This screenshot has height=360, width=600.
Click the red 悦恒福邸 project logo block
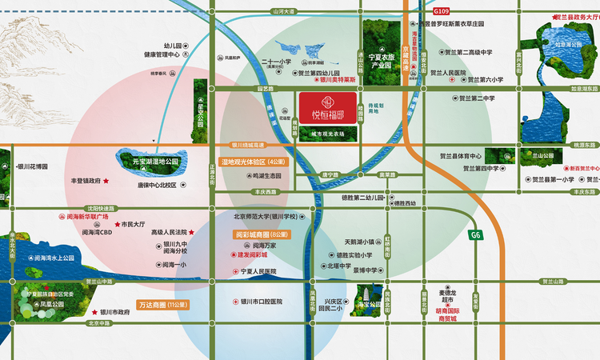(x=326, y=106)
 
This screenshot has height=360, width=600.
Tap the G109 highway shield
(x=442, y=14)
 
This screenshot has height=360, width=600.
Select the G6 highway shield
(x=476, y=235)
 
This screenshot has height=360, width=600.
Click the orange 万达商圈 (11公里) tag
(x=163, y=304)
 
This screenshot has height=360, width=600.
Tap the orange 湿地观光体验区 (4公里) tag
(x=252, y=162)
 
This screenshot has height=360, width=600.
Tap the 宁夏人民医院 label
(x=258, y=272)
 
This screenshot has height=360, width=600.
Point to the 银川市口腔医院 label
(x=256, y=302)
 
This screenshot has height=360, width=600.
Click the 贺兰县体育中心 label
(x=460, y=156)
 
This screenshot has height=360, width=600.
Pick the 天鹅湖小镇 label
(x=359, y=241)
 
